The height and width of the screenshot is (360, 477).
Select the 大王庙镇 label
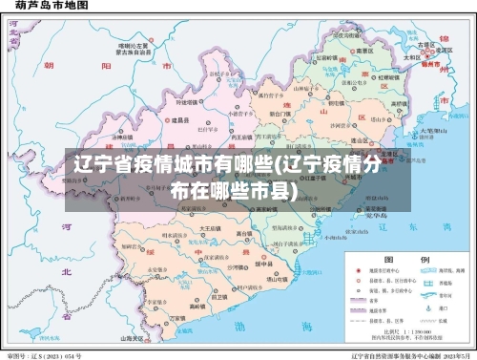210,229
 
